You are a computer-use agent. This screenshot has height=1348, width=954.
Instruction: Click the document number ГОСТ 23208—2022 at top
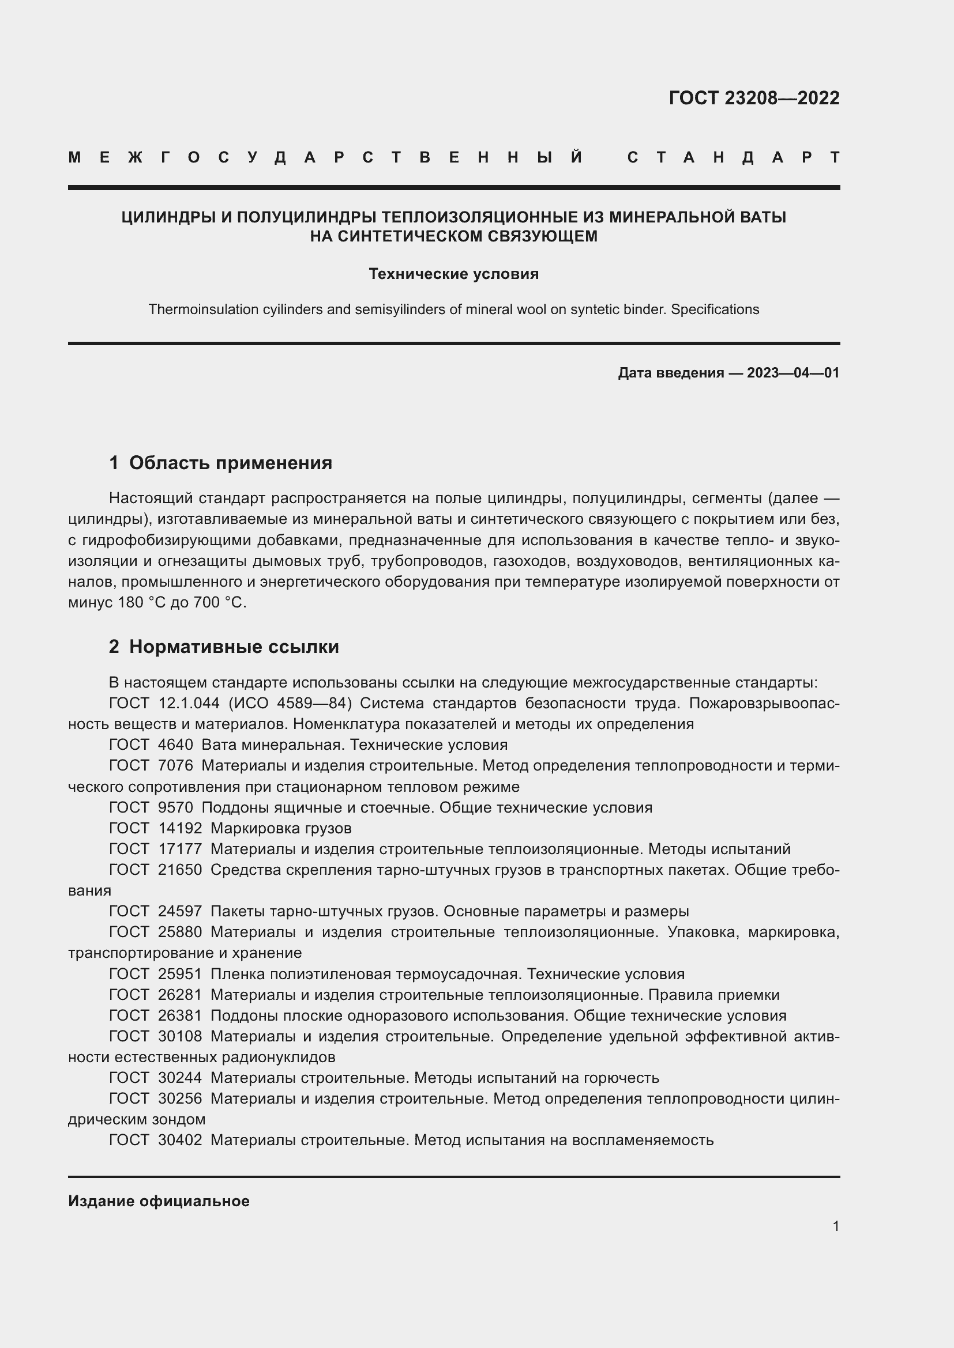754,98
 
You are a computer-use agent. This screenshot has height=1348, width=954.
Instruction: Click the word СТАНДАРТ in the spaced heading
733,157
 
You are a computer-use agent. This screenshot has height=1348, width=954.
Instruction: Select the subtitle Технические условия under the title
453,274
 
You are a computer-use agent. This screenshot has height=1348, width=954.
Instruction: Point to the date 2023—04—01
793,373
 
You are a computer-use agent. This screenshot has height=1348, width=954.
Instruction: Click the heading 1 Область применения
220,463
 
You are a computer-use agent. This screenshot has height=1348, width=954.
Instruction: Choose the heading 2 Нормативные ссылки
224,647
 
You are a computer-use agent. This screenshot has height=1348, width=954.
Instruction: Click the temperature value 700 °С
220,602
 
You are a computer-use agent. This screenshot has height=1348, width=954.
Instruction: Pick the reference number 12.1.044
189,703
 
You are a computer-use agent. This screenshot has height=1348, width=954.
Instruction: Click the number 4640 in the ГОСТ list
175,745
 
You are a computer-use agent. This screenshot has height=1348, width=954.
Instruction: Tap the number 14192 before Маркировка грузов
180,828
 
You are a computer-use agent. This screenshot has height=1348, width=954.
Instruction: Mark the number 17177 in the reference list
180,849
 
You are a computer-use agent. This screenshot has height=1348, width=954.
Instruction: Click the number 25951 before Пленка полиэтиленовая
180,974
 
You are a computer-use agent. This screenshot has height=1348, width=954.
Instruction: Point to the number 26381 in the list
180,1015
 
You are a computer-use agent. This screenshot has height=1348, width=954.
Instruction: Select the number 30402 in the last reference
180,1140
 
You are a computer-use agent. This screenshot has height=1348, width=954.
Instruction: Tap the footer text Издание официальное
159,1200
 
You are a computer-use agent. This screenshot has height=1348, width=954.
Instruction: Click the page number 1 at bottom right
835,1226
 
